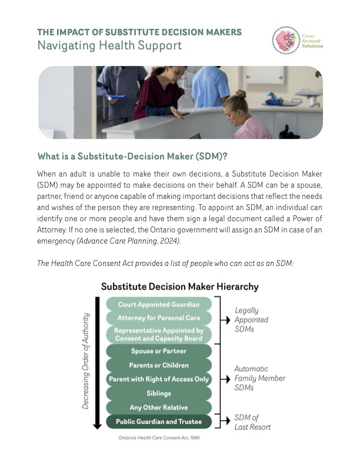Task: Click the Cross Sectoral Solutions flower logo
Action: [286, 40]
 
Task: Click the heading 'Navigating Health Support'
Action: [109, 45]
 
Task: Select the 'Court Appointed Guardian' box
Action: [158, 304]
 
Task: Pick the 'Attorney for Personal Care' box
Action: [158, 318]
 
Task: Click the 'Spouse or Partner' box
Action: [158, 351]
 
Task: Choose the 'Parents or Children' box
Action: [158, 365]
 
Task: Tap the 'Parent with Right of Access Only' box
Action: [158, 380]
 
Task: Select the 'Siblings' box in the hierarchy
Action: [158, 393]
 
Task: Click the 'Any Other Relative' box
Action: [158, 407]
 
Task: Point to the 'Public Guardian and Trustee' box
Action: [158, 421]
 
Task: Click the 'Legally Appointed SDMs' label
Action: [251, 319]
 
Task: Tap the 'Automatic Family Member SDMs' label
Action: [259, 378]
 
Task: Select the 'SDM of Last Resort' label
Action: [252, 422]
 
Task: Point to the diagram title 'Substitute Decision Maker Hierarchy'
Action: [179, 287]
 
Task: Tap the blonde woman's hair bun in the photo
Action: [241, 94]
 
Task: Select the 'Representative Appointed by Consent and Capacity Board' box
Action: [158, 334]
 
